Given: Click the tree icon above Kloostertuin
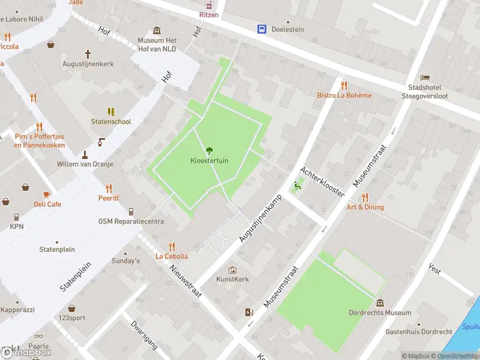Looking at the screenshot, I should pyautogui.click(x=209, y=151).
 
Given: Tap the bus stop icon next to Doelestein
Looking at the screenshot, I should pyautogui.click(x=262, y=29).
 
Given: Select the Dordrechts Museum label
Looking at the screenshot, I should pyautogui.click(x=380, y=313).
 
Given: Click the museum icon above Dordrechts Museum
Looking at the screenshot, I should pyautogui.click(x=380, y=302).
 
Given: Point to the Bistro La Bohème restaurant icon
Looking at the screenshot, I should pyautogui.click(x=344, y=85).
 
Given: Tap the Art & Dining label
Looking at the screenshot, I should pyautogui.click(x=365, y=207).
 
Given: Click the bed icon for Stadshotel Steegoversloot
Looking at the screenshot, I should pyautogui.click(x=425, y=78).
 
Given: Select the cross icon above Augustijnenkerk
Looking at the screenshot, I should pyautogui.click(x=88, y=53).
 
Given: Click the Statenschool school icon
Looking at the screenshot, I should pyautogui.click(x=111, y=112).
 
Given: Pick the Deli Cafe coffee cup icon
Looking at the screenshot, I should pyautogui.click(x=47, y=194).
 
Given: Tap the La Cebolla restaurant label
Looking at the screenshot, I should pyautogui.click(x=172, y=256).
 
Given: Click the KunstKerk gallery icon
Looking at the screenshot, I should pyautogui.click(x=232, y=270).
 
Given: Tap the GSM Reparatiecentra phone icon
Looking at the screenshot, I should pyautogui.click(x=131, y=211).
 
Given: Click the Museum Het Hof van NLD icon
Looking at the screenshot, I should pyautogui.click(x=157, y=31).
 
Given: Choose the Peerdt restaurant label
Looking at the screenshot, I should pyautogui.click(x=109, y=198).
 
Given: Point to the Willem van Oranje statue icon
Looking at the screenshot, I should pyautogui.click(x=84, y=154).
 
